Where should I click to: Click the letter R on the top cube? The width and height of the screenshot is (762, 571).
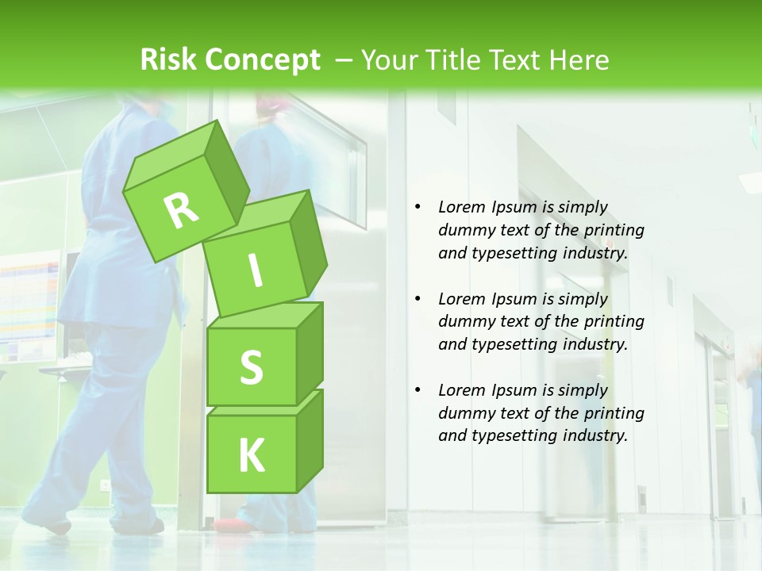point(181,210)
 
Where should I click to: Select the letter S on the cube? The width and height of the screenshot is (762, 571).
point(251,368)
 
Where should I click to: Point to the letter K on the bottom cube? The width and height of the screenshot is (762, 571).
point(251,455)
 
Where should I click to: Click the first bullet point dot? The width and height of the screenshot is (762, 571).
point(418,208)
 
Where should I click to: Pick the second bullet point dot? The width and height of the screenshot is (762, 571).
point(418,299)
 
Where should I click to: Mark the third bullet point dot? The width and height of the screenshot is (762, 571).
point(418,390)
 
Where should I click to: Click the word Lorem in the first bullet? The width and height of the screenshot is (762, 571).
point(460,207)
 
